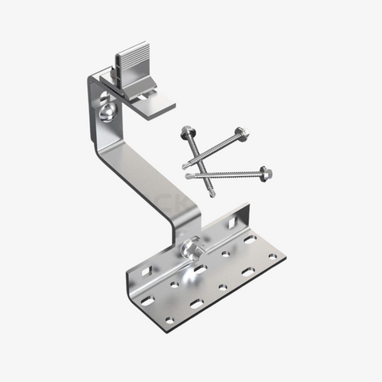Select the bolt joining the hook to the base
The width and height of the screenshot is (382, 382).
click(x=191, y=249)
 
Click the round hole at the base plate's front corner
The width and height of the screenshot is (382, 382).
click(x=169, y=321)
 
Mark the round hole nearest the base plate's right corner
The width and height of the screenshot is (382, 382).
click(x=272, y=257)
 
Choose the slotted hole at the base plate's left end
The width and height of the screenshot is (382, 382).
click(x=146, y=301)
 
